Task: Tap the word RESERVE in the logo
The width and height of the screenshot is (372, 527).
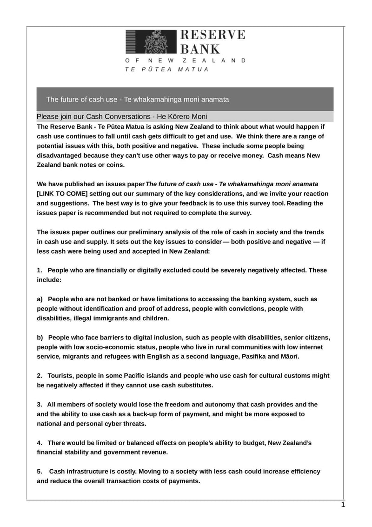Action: (212, 35)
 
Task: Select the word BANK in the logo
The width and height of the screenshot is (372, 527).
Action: (200, 49)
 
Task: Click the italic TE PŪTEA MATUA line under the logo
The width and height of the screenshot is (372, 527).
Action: (167, 69)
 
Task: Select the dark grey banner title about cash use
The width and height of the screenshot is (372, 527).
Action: (138, 100)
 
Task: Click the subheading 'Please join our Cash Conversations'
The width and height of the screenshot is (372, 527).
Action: (122, 116)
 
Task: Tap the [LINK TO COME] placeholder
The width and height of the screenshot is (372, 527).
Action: (62, 194)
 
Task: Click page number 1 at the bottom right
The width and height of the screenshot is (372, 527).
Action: (343, 505)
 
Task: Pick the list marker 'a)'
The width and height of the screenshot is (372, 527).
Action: (40, 299)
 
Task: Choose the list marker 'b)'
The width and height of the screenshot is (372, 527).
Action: (40, 338)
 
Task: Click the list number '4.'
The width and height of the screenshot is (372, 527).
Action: (40, 443)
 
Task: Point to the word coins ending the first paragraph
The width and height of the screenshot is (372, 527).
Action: (114, 165)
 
